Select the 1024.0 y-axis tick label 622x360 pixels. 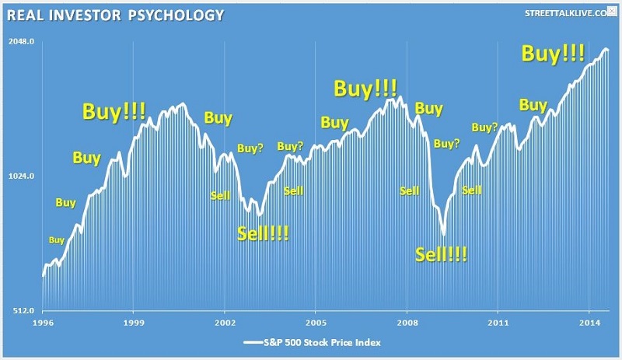[23, 177]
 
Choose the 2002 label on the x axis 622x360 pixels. [225, 320]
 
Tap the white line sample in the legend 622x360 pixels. [255, 341]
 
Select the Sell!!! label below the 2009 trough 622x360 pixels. [442, 254]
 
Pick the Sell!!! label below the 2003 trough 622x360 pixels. [263, 233]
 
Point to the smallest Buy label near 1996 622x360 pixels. [57, 240]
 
